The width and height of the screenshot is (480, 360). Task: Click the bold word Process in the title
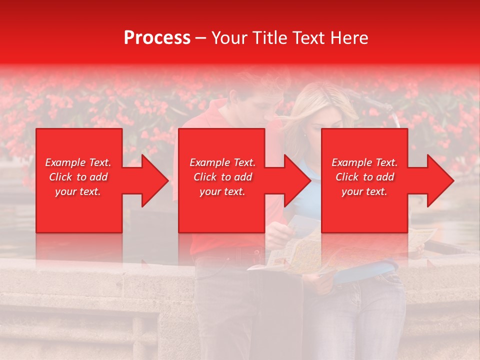tap(157, 38)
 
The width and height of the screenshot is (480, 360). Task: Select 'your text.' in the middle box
tap(222, 191)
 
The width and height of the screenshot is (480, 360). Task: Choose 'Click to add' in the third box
tap(364, 177)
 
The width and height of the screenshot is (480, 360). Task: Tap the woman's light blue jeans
tap(360, 315)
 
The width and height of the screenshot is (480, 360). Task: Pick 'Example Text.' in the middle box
tap(222, 162)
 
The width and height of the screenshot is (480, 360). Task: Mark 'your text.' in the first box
tap(77, 191)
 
